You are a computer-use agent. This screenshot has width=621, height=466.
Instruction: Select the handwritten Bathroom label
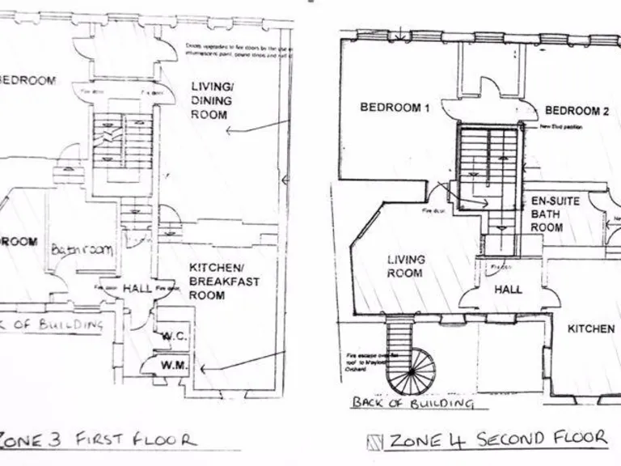[x=81, y=250]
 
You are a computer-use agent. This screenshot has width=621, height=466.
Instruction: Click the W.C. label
[x=174, y=335]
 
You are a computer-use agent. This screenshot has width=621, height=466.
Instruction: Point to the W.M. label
[x=174, y=366]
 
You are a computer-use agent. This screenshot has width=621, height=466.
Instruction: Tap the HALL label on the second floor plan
[x=509, y=289]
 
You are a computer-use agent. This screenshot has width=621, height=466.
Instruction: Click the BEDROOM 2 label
[x=576, y=111]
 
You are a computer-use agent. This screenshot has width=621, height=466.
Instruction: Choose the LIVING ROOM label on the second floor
[x=405, y=266]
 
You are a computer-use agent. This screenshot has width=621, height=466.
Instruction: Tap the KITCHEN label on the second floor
[x=590, y=329]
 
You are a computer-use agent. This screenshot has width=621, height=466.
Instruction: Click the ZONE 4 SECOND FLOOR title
[x=496, y=439]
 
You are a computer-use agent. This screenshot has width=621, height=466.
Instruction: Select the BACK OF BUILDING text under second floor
[x=412, y=402]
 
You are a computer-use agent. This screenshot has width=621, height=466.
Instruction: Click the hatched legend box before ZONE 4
[x=374, y=441]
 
